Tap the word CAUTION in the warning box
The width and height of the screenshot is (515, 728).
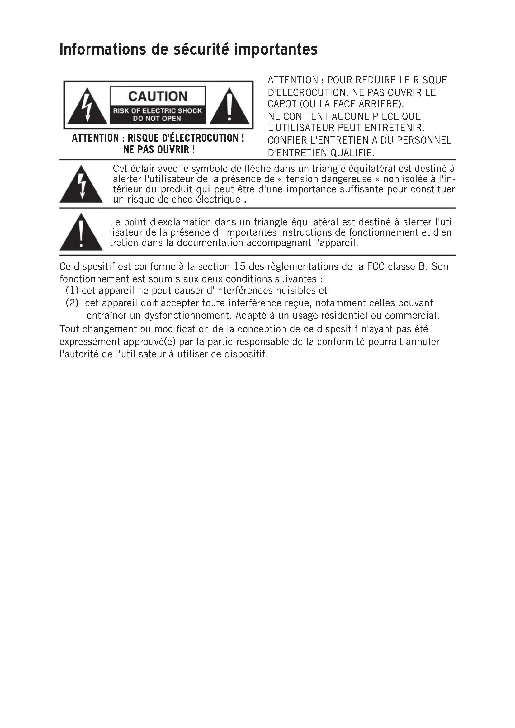(x=158, y=96)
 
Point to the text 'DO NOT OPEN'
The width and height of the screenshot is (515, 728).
(x=157, y=119)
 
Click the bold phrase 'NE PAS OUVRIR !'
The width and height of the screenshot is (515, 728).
(x=159, y=149)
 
